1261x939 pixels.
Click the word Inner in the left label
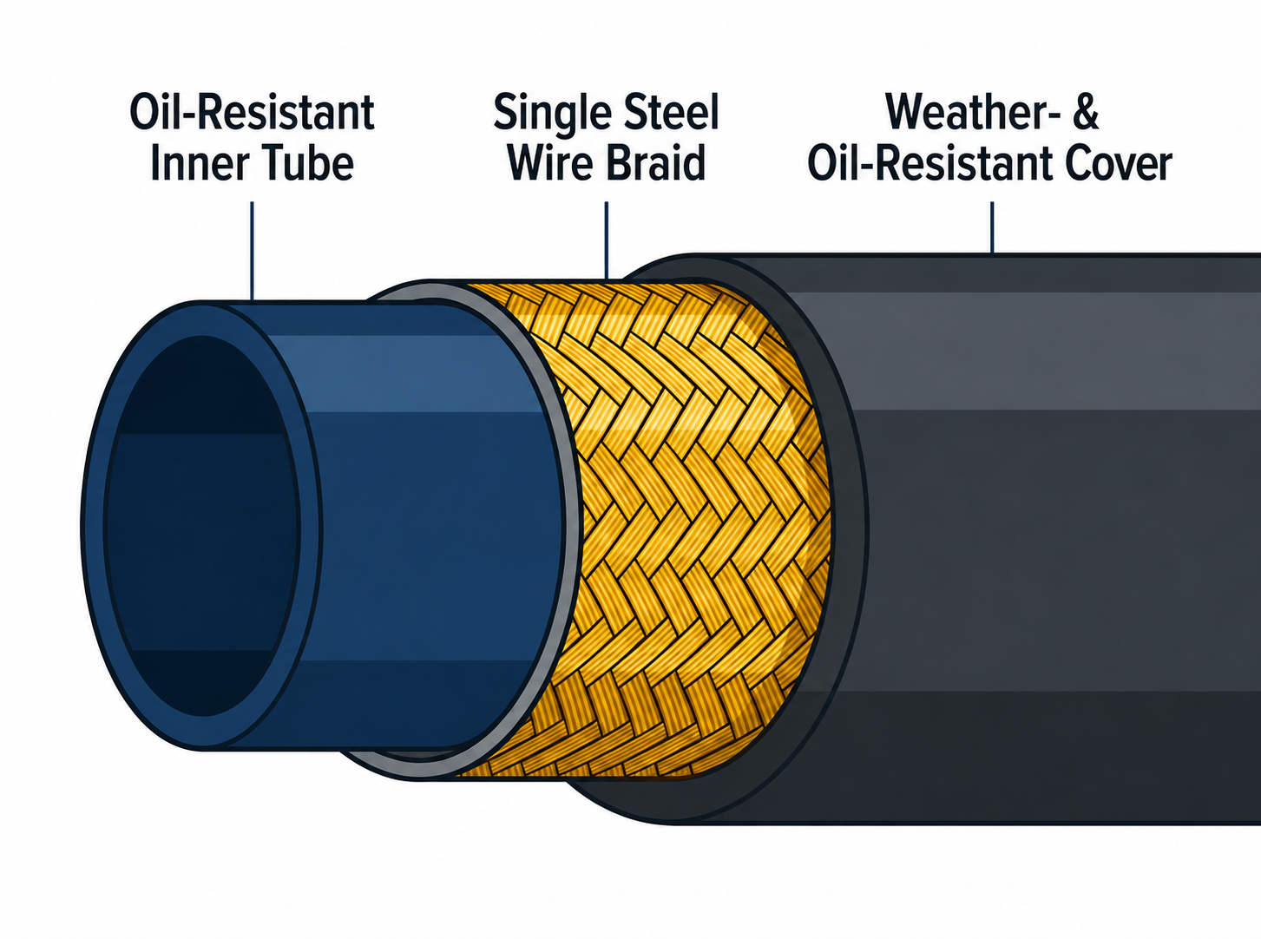pyautogui.click(x=194, y=163)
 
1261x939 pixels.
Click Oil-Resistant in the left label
pyautogui.click(x=252, y=112)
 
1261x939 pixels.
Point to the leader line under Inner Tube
pyautogui.click(x=252, y=251)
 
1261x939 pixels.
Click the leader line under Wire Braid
pyautogui.click(x=606, y=240)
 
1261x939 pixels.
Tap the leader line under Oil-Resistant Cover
pyautogui.click(x=992, y=228)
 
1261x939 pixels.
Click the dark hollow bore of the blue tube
pyautogui.click(x=202, y=526)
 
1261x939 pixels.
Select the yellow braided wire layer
pyautogui.click(x=693, y=529)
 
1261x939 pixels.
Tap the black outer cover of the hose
pyautogui.click(x=1052, y=541)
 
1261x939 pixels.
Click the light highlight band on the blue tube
pyautogui.click(x=398, y=372)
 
